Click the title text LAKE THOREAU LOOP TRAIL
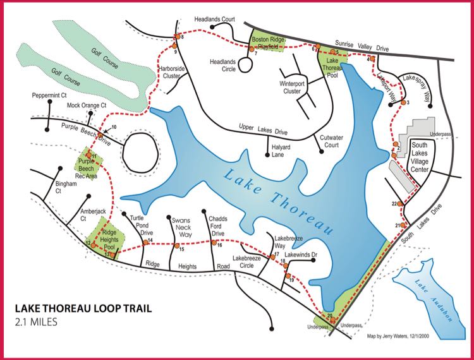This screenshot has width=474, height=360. click(x=82, y=310)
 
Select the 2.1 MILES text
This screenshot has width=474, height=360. click(x=36, y=323)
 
